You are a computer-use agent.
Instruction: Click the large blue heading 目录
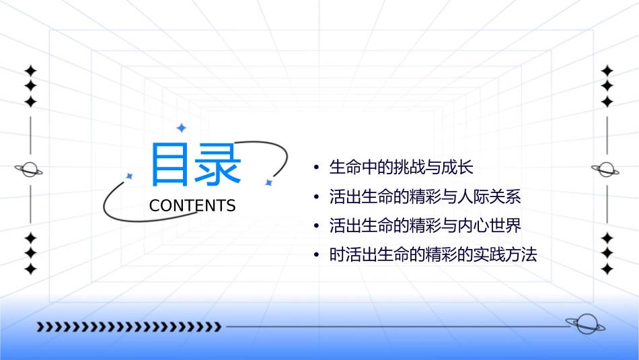click(x=195, y=165)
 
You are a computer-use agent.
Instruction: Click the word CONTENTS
click(x=192, y=206)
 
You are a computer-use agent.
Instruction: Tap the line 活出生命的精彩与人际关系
click(x=425, y=197)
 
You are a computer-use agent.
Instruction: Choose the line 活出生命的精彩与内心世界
click(x=425, y=225)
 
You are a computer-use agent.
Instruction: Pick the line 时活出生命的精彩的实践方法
click(x=433, y=255)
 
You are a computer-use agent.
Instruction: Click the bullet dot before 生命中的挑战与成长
click(x=316, y=168)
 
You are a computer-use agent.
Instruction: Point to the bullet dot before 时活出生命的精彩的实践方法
click(x=316, y=256)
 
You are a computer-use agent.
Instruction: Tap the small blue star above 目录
click(x=180, y=128)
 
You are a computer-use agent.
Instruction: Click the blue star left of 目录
click(x=130, y=176)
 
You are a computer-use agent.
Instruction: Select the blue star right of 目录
click(x=268, y=182)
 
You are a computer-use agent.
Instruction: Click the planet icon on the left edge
click(x=30, y=170)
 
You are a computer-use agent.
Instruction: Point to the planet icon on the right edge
click(x=607, y=170)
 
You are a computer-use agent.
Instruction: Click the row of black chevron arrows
click(x=128, y=327)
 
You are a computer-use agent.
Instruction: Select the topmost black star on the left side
click(x=30, y=71)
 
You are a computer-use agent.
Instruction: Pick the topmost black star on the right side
click(x=607, y=71)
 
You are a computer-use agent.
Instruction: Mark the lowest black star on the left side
click(x=30, y=269)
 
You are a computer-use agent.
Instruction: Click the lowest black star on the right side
click(x=607, y=269)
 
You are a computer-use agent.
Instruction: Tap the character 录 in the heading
click(x=218, y=165)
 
